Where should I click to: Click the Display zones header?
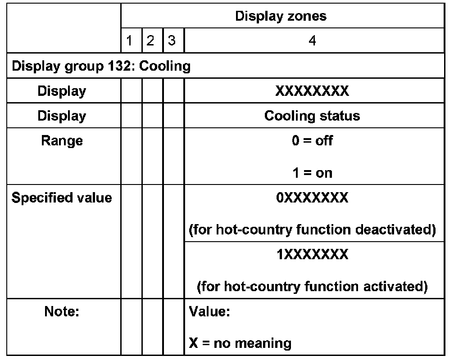click(281, 17)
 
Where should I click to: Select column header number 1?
click(130, 41)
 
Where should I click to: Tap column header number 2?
click(151, 41)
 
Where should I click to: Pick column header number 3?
click(172, 41)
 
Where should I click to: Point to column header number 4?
click(312, 41)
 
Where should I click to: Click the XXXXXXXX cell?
click(312, 91)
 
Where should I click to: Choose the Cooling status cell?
click(312, 116)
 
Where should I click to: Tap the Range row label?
click(62, 141)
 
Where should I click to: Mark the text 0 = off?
click(312, 141)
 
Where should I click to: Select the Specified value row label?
click(62, 198)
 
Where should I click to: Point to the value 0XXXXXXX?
click(312, 198)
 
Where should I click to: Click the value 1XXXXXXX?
click(312, 255)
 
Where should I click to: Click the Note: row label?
click(62, 311)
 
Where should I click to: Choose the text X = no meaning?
click(240, 344)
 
